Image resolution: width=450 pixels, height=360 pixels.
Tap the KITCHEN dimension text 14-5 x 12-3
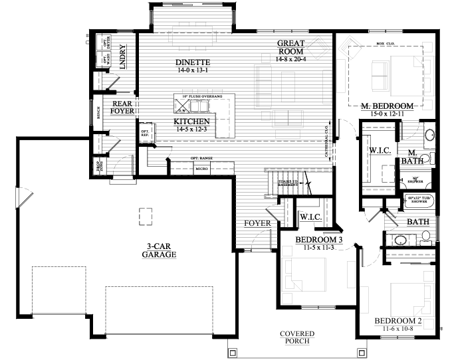tap(192, 130)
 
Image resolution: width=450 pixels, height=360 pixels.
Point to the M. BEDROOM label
tap(388, 106)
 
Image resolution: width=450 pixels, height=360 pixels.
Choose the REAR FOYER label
tap(122, 108)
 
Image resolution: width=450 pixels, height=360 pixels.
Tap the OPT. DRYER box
tap(106, 42)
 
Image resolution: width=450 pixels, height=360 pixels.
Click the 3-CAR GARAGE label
tap(158, 250)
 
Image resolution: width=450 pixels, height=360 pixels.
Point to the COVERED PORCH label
tap(296, 337)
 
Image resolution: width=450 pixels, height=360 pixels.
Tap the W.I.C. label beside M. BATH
tap(378, 151)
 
